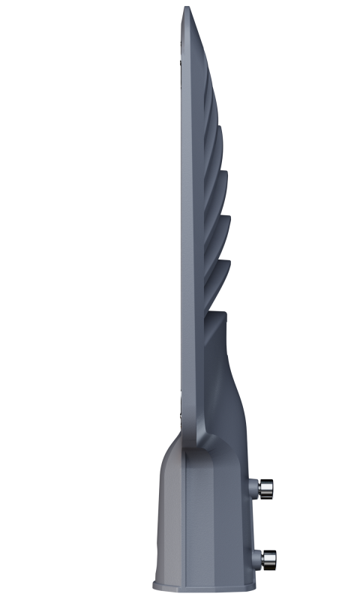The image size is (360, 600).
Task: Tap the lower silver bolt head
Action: point(268,557)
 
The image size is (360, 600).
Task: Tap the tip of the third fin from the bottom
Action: point(226,173)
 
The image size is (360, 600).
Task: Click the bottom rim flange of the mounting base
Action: point(202,584)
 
